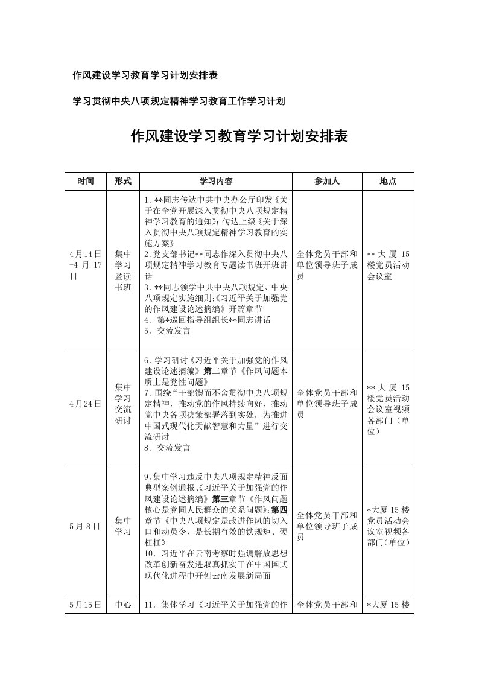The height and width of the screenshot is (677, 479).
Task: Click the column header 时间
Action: click(x=86, y=181)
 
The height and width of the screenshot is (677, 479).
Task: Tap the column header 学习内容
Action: click(x=217, y=181)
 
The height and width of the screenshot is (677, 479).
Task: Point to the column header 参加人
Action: click(x=327, y=181)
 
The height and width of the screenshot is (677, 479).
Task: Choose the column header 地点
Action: click(x=388, y=181)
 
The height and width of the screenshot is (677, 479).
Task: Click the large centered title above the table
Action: click(x=239, y=136)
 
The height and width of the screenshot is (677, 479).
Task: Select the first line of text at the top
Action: click(x=145, y=75)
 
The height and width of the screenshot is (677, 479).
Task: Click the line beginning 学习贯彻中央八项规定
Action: click(x=179, y=101)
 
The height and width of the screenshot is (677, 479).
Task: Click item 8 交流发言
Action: click(x=167, y=448)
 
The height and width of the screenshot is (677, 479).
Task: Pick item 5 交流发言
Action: click(x=167, y=331)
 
